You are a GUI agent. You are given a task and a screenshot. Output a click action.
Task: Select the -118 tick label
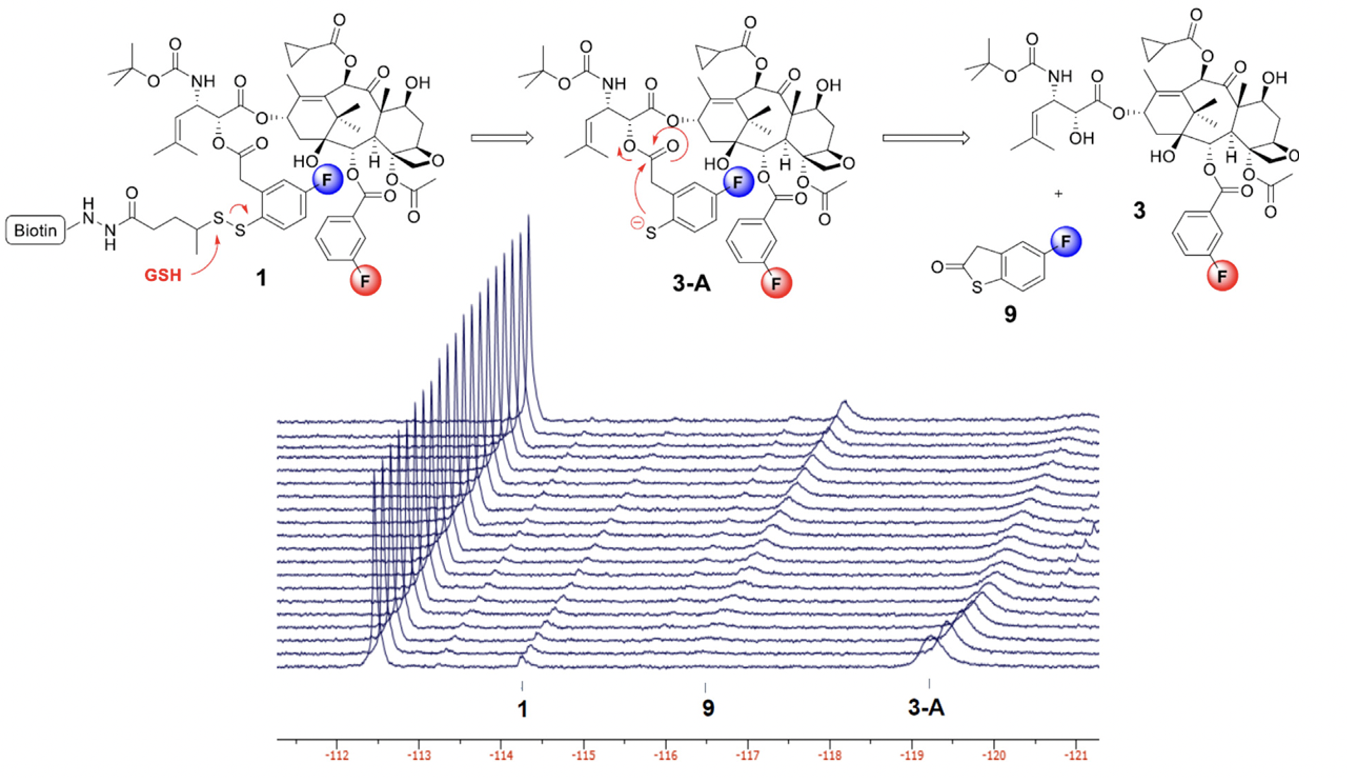point(830,756)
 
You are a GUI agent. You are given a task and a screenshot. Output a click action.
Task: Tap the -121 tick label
point(1076,756)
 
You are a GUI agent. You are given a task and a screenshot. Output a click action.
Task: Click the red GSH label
point(163,275)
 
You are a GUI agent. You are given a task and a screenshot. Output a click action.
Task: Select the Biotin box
point(35,230)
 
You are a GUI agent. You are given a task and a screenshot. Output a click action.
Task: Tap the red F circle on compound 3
point(1222,276)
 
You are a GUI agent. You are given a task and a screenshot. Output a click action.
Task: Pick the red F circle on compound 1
point(366,280)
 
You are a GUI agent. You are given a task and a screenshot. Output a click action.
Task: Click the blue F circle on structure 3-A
point(738,182)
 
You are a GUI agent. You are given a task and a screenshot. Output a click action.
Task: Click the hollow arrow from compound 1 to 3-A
point(502,138)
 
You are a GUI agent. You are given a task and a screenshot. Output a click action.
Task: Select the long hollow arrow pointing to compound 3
point(925,138)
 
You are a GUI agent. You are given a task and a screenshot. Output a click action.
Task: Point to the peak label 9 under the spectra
point(708,708)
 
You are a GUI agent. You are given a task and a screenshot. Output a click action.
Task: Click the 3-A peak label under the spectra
point(926,708)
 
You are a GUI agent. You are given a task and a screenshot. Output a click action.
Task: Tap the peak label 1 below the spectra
point(523,709)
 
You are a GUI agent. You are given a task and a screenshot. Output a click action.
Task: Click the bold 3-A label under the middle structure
point(691,283)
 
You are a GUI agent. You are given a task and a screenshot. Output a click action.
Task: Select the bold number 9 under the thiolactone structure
point(1010,314)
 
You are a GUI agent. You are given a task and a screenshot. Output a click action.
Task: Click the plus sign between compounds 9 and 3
point(1058,194)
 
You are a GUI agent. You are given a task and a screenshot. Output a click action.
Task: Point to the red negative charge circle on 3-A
point(638,223)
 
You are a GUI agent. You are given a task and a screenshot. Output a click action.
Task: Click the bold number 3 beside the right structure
point(1139,211)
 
